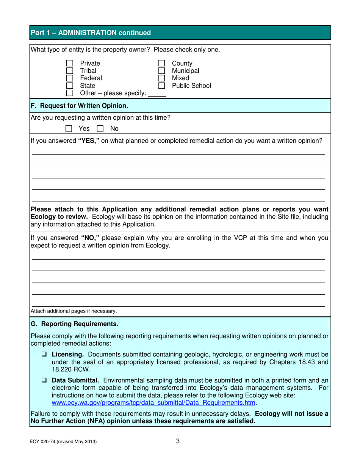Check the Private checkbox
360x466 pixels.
point(70,64)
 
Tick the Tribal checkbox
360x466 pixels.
point(70,71)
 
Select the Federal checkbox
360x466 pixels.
point(70,78)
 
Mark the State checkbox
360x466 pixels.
point(70,86)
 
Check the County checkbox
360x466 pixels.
point(161,64)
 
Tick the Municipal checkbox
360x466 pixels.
point(161,71)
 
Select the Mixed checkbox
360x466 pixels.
point(161,78)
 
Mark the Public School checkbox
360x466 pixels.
point(161,86)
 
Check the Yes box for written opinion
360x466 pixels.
point(69,129)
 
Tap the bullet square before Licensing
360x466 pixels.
point(44,355)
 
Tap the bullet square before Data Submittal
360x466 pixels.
point(44,380)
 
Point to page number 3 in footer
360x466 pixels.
point(178,441)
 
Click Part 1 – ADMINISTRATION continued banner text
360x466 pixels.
point(91,33)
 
